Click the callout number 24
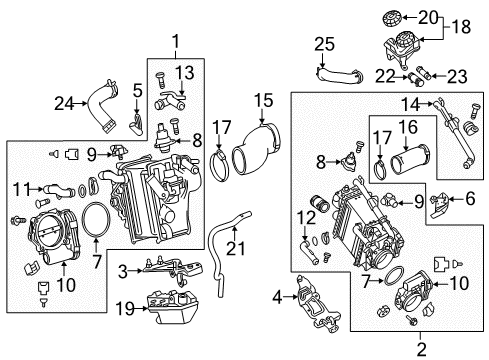coord(64,104)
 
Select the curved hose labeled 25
coord(338,75)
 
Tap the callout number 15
coord(263,100)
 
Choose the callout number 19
coord(125,308)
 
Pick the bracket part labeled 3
coord(173,268)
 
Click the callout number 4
coord(277,297)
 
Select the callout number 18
coord(462,27)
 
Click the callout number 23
coord(457,77)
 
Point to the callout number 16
coord(408,127)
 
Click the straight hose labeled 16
coord(410,160)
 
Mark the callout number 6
coord(470,199)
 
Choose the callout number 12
coord(306,218)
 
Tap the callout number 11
coord(21,189)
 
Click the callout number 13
coord(185,72)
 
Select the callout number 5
coord(137,91)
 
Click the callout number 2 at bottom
coord(421,350)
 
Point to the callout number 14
coord(411,104)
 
